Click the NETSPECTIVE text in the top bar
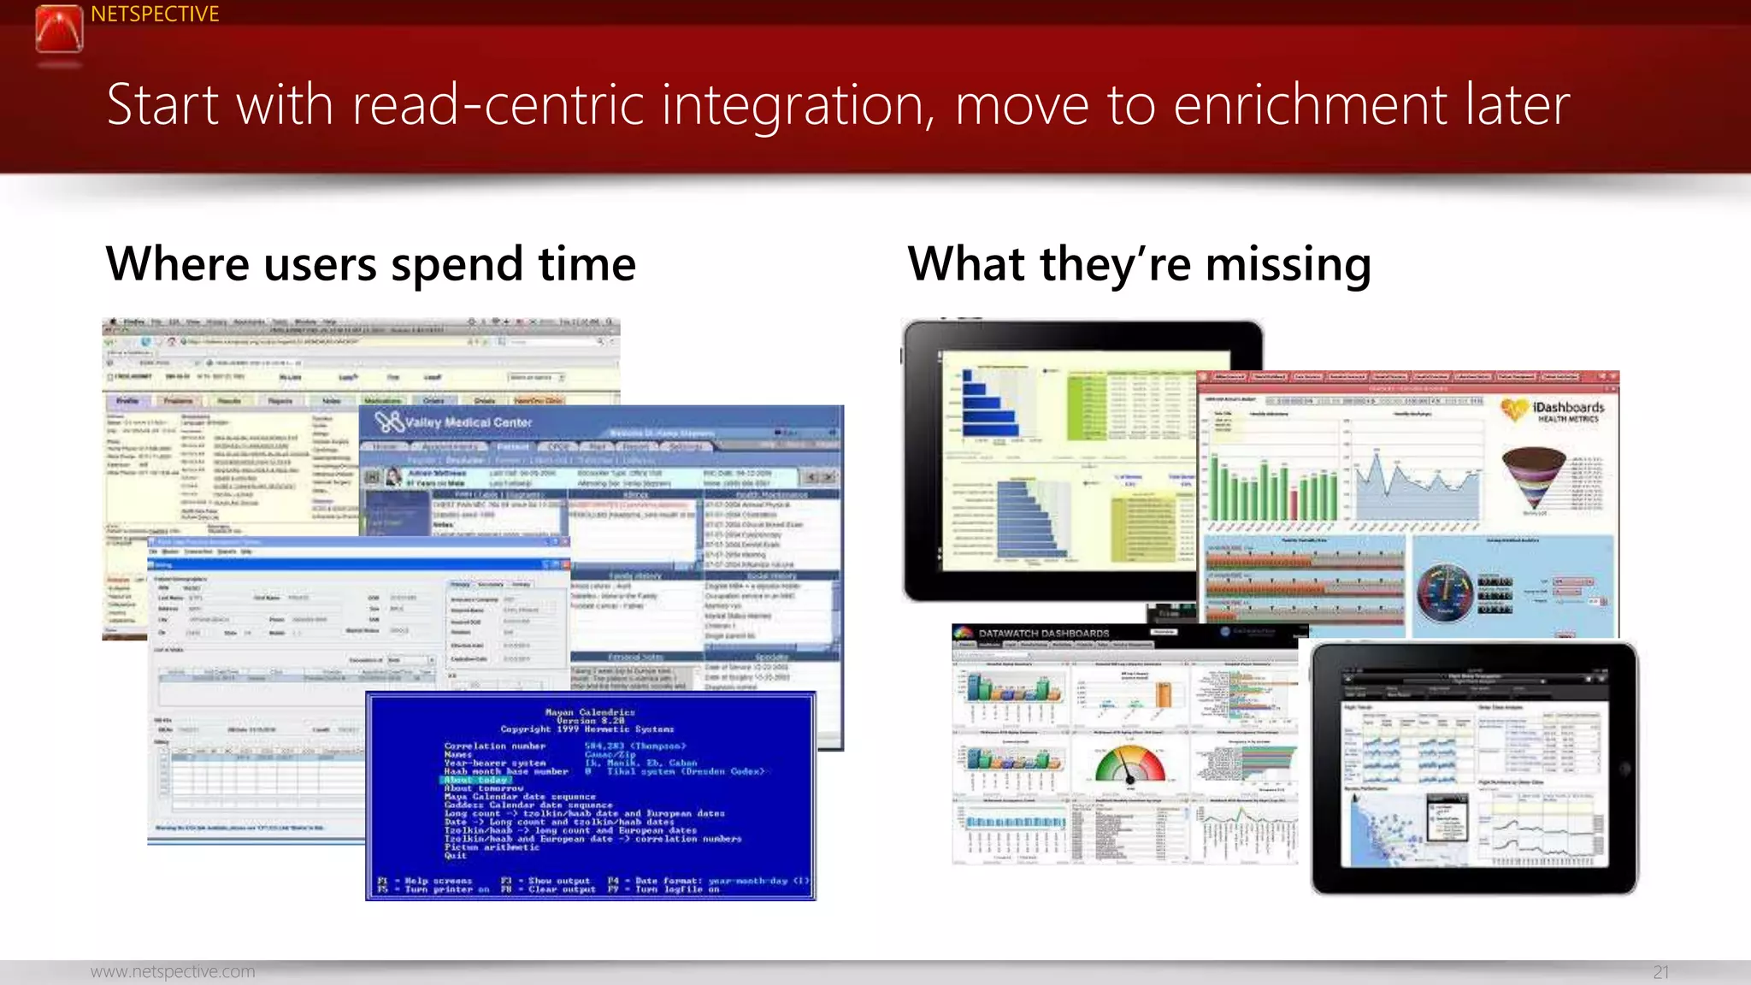tap(155, 15)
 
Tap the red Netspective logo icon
tap(59, 29)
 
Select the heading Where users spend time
tap(370, 263)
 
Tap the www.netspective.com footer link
tap(173, 971)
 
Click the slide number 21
tap(1660, 972)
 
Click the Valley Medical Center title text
tap(468, 422)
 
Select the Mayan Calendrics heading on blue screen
tap(590, 711)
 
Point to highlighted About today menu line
tap(476, 780)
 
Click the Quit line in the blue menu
tap(456, 855)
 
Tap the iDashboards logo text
tap(1568, 408)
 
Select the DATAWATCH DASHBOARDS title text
tap(1043, 634)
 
